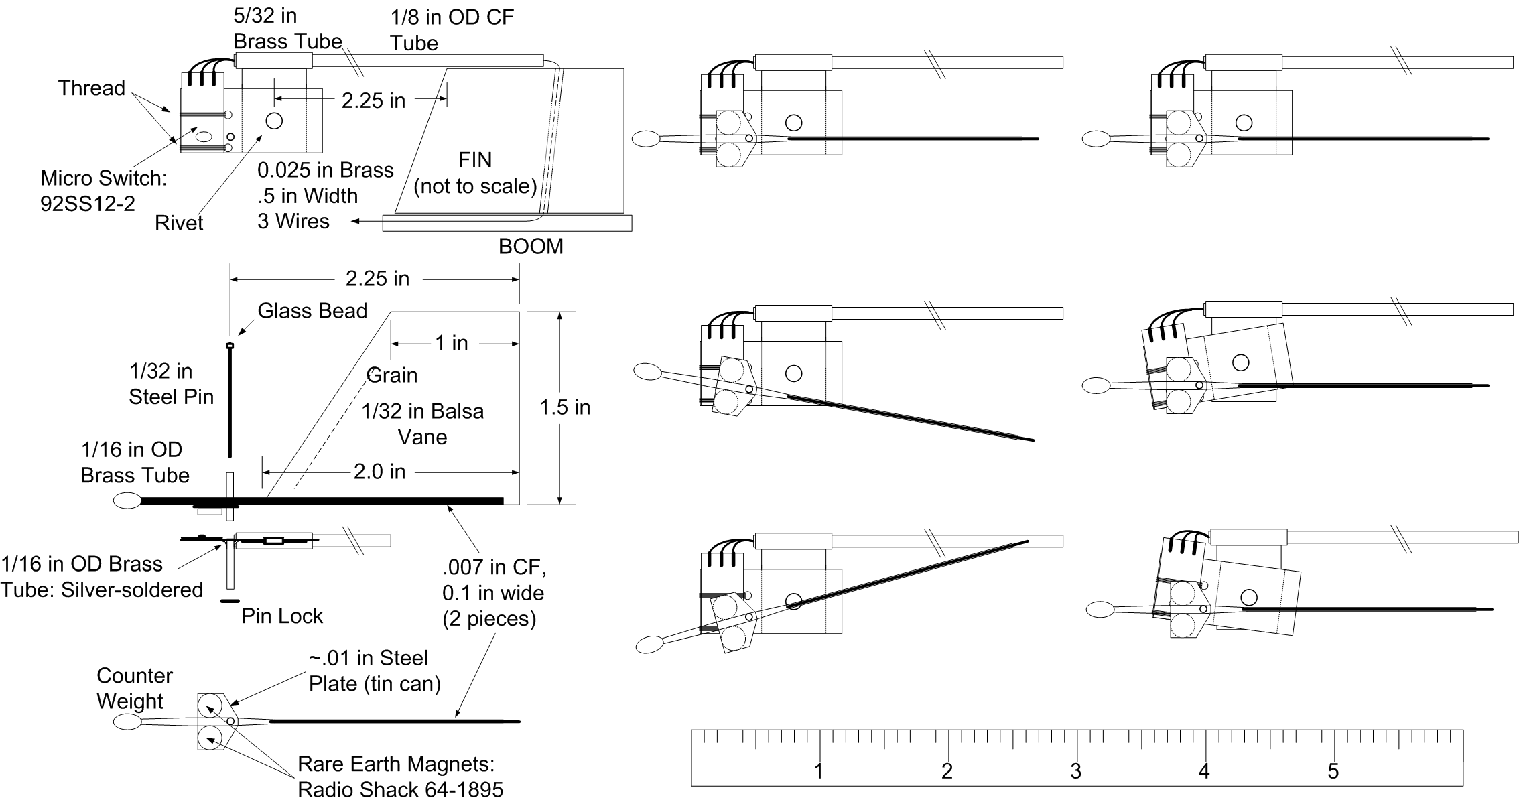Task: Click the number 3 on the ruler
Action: coord(1075,771)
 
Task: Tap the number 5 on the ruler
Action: coord(1333,771)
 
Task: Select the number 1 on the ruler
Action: coord(818,771)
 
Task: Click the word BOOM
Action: coord(531,247)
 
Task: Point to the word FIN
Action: coord(474,160)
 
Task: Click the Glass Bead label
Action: coord(312,311)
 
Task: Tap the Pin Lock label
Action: coord(282,616)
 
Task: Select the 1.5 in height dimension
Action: coord(565,407)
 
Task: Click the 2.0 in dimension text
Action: coord(379,472)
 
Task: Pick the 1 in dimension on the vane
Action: coord(452,343)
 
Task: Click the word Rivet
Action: coord(179,223)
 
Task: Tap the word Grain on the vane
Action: coord(393,375)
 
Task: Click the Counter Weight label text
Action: coord(134,688)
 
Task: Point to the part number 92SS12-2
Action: coord(88,204)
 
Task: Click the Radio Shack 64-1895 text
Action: coord(400,789)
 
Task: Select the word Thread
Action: coord(92,88)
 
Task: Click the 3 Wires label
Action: coord(293,221)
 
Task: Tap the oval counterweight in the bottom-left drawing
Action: coord(127,722)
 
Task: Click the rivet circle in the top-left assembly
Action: coord(274,121)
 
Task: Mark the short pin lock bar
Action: coord(230,601)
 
